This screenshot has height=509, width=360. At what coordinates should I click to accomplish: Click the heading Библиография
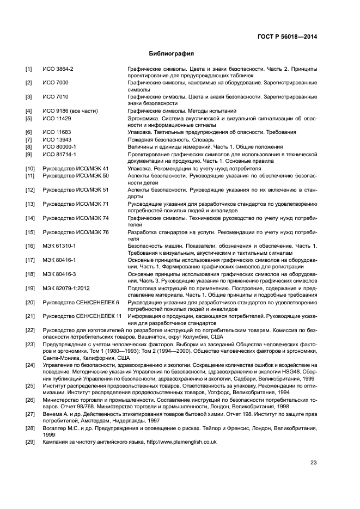coord(172,54)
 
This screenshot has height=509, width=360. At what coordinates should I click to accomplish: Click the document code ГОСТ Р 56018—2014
coord(287,37)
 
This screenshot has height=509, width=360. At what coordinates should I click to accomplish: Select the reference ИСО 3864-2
coord(58,69)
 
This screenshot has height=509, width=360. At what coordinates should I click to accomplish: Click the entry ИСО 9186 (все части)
coord(70,111)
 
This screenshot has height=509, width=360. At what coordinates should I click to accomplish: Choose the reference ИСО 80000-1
coord(59,147)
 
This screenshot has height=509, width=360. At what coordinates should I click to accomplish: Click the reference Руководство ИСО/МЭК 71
coord(76,204)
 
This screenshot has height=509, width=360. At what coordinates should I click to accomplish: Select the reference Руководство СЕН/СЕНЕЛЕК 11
coord(82,316)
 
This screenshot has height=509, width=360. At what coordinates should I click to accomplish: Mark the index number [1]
coord(28,69)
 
